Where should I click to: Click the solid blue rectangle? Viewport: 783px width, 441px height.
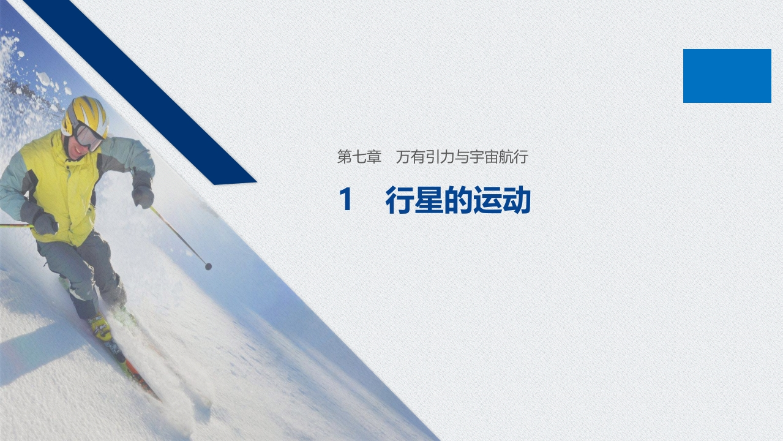pos(727,76)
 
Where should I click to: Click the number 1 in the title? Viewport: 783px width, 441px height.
pos(346,201)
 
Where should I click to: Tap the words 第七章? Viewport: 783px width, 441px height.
pos(359,157)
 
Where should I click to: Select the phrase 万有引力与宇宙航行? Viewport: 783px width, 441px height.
pos(462,157)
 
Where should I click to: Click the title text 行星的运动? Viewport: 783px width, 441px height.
pos(457,201)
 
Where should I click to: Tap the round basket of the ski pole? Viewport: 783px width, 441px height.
pos(208,266)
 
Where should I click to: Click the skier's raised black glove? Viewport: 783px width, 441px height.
pos(143,195)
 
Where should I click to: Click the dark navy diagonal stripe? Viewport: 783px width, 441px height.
pos(141,92)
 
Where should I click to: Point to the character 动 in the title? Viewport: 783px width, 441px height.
pos(517,201)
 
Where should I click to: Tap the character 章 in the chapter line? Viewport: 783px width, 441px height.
pos(374,157)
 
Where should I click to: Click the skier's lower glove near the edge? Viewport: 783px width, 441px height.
pos(44,222)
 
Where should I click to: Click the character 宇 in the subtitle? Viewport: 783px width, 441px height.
pos(476,157)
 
